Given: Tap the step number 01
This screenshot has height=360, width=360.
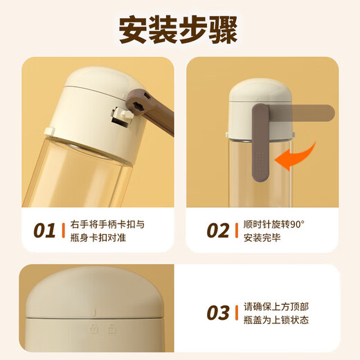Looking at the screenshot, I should pyautogui.click(x=44, y=231).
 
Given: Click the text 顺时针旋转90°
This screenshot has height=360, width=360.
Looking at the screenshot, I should pyautogui.click(x=278, y=224).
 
